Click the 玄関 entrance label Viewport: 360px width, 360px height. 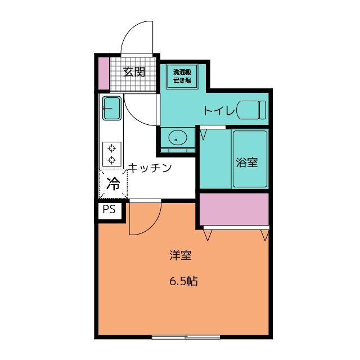tap(134, 72)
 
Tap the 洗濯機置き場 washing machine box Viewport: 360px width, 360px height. tap(182, 76)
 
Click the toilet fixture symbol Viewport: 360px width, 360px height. tap(251, 110)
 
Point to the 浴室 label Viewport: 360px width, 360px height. tap(247, 162)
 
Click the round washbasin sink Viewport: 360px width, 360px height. tap(178, 138)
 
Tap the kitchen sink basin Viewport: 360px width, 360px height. tap(112, 108)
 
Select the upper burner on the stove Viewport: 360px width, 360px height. tap(111, 148)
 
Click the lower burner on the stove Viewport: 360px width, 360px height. tap(111, 160)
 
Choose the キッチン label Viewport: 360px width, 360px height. tap(150, 168)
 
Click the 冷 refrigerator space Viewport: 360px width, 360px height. tap(113, 184)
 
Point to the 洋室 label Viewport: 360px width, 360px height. tap(181, 255)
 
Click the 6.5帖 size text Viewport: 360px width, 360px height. tap(183, 281)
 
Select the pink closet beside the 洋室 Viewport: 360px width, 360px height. tap(234, 209)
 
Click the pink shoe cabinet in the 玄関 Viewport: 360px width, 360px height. tap(103, 73)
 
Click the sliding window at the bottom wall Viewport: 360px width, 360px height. tap(186, 337)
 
